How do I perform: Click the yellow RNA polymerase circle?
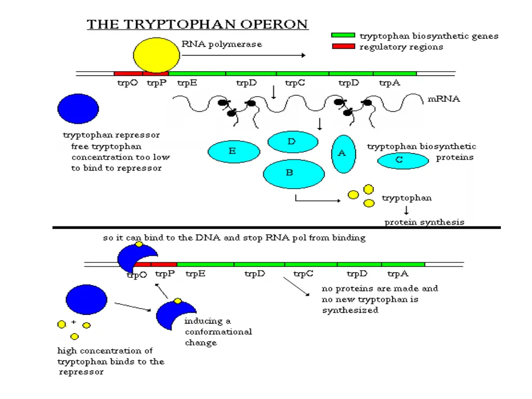tap(156, 55)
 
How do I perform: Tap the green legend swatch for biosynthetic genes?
tap(343, 35)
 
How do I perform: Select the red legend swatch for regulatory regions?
tap(343, 46)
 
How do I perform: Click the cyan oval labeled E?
tap(234, 152)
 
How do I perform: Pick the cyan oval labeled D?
tap(292, 142)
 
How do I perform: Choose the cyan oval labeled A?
tap(343, 154)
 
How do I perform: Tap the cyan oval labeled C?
tap(400, 161)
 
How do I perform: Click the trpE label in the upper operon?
tap(187, 83)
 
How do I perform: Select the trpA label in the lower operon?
tap(398, 274)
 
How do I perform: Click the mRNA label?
tap(444, 99)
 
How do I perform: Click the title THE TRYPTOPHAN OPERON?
tap(197, 24)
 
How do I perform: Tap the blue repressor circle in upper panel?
tap(78, 109)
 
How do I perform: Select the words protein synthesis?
tap(424, 222)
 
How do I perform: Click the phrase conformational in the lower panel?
tap(218, 331)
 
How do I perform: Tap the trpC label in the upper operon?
tap(295, 83)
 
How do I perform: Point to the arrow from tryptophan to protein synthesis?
tap(406, 210)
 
